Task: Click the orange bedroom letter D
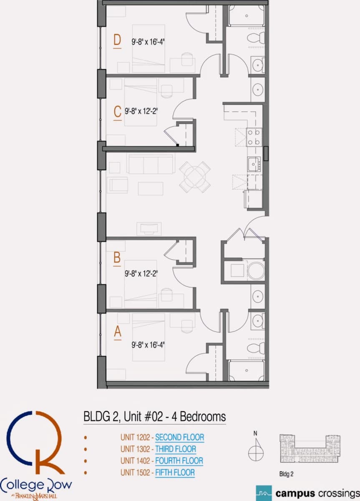(117, 40)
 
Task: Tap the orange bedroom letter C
(118, 111)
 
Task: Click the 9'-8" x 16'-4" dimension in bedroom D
(148, 42)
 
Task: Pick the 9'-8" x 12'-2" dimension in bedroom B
(141, 273)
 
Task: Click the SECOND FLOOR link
(180, 437)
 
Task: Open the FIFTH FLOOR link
(175, 473)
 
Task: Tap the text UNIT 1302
(135, 449)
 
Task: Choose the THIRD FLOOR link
(176, 449)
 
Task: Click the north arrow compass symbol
(256, 450)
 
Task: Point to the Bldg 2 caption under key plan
(286, 474)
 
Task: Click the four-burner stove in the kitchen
(254, 137)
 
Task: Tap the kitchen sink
(254, 164)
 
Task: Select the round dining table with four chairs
(195, 177)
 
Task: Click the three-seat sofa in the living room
(151, 164)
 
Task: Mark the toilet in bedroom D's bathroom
(256, 37)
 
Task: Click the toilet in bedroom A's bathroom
(256, 348)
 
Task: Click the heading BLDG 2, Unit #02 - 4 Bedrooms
(155, 417)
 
